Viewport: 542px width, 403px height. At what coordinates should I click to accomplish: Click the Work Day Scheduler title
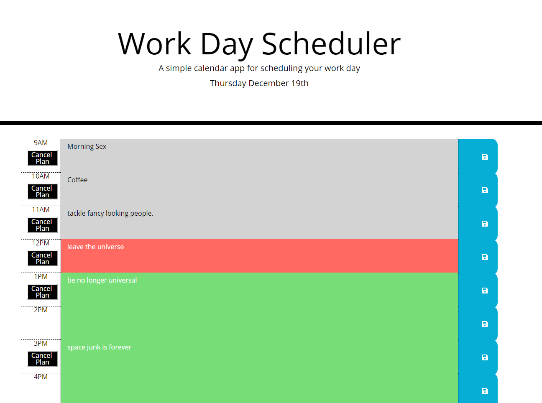[259, 44]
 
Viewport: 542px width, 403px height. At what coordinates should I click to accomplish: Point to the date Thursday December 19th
[259, 83]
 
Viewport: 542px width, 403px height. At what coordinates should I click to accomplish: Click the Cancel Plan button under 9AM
[42, 158]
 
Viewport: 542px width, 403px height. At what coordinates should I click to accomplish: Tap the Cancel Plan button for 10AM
[42, 191]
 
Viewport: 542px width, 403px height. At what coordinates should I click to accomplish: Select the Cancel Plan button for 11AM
[42, 225]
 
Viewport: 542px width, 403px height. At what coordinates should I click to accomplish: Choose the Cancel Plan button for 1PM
[42, 292]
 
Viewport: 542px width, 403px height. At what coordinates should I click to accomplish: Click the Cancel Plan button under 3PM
[42, 359]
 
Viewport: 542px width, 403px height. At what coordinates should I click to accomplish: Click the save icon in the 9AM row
[485, 157]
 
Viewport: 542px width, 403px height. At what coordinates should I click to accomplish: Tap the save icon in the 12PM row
[485, 257]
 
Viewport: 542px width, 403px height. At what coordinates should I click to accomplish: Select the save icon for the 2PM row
[485, 324]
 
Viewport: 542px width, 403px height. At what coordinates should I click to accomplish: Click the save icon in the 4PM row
[485, 391]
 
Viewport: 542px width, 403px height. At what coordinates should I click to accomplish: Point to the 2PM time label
[41, 310]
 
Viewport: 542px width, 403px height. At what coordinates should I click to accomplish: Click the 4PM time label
[41, 377]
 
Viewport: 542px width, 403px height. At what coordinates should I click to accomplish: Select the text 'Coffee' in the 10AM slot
[77, 180]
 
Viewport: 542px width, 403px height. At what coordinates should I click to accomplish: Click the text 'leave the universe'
[95, 247]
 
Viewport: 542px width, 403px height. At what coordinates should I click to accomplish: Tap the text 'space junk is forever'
[99, 347]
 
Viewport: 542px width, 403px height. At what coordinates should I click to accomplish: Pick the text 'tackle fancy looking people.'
[110, 213]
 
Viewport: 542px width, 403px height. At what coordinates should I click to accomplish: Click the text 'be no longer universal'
[102, 280]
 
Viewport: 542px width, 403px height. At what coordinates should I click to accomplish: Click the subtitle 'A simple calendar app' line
[259, 68]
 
